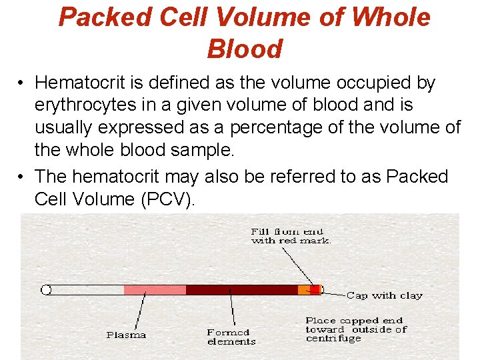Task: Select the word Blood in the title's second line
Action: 245,49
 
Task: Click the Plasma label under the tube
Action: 126,335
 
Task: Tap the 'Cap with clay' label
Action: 384,295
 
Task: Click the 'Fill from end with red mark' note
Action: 291,236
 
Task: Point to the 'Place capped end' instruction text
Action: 356,329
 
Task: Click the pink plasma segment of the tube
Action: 155,290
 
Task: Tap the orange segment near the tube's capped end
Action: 303,290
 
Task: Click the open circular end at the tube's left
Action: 46,290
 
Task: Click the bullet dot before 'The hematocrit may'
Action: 22,177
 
